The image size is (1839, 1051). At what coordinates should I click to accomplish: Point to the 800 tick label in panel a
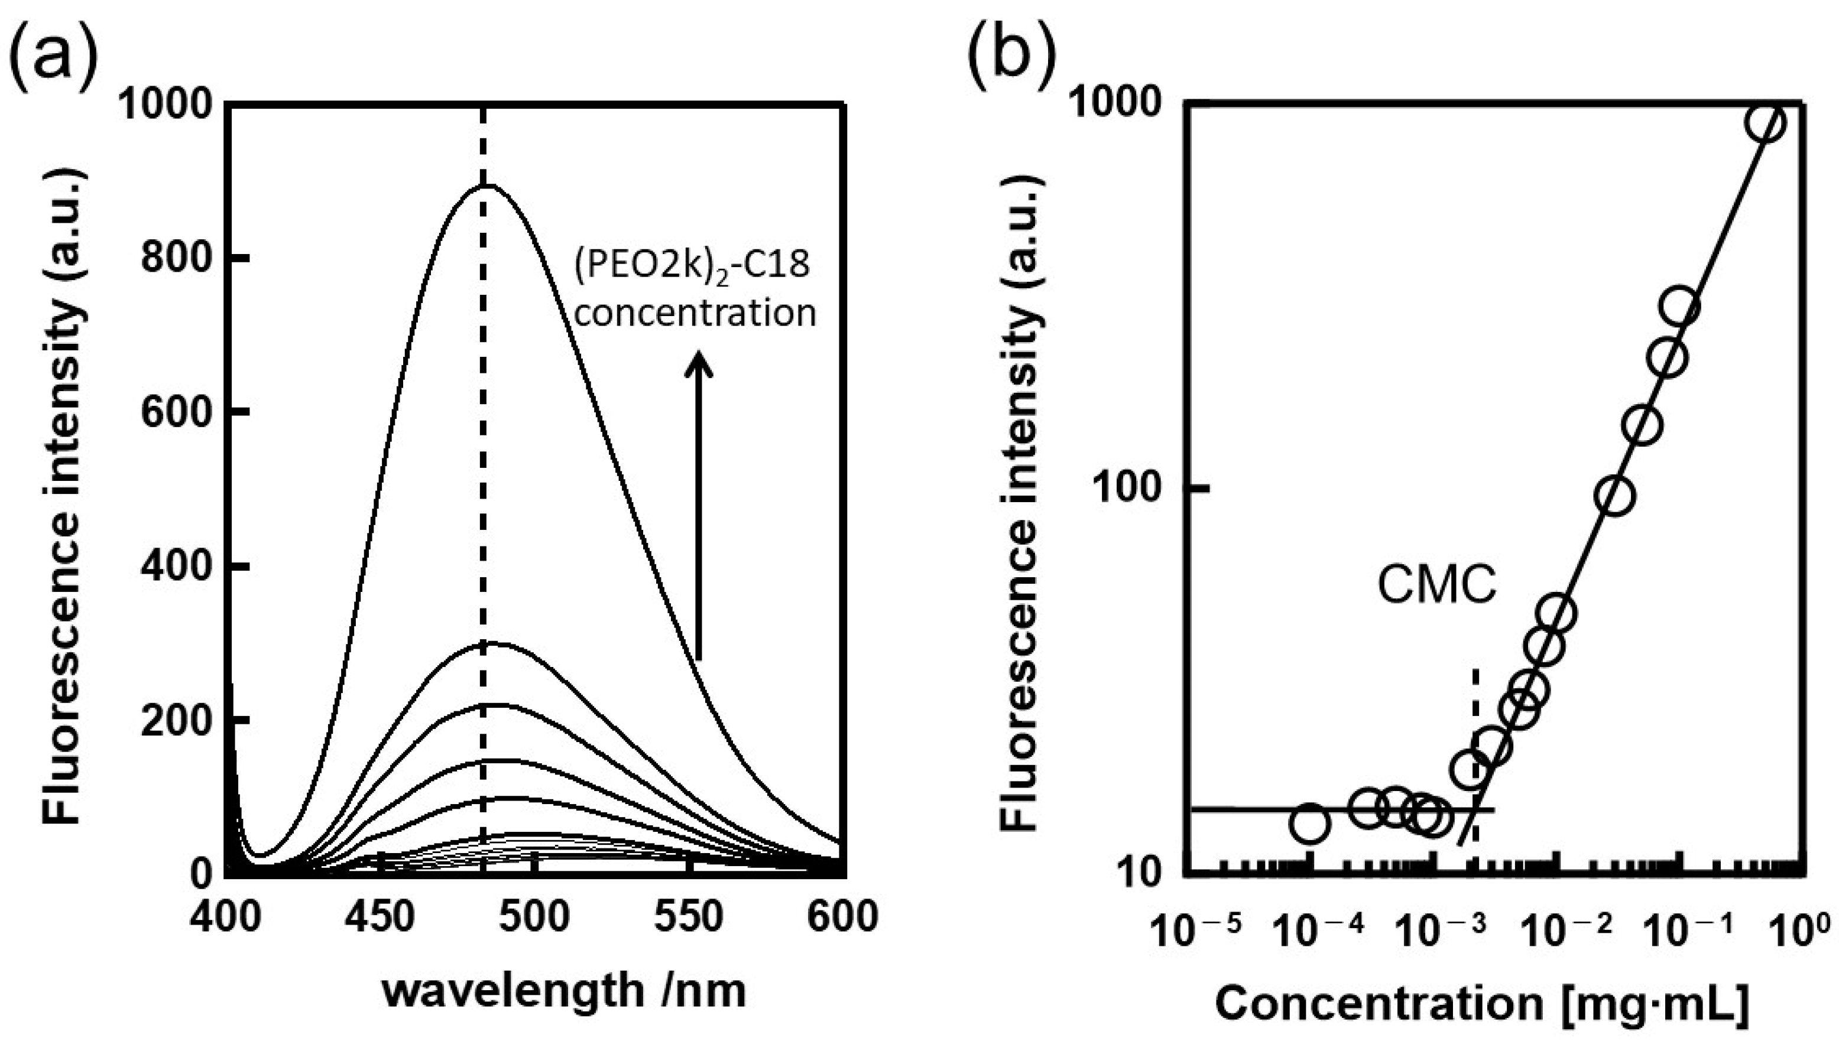170,258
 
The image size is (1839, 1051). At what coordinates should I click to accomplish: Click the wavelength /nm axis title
563,990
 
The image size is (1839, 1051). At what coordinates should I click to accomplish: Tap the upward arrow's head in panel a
698,361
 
